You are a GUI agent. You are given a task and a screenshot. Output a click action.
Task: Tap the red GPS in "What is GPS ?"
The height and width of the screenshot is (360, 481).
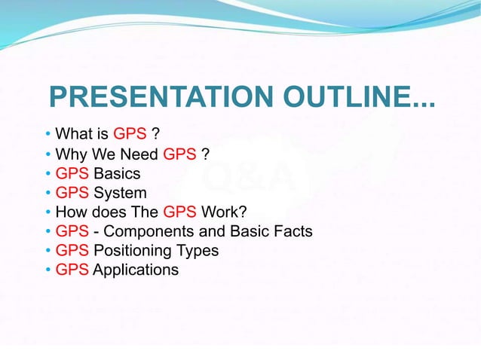tap(130, 135)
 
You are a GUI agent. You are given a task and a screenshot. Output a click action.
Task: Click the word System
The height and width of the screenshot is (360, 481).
tap(120, 193)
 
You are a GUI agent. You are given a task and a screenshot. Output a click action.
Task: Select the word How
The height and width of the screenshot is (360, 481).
tap(72, 212)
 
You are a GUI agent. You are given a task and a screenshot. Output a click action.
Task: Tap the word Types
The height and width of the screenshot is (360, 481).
tap(198, 250)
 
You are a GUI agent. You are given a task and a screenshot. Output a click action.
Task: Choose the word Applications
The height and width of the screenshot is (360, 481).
tap(136, 270)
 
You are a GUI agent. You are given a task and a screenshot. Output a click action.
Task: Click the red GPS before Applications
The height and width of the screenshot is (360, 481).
tap(72, 270)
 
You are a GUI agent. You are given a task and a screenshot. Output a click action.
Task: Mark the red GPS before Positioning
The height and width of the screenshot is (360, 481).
tap(72, 250)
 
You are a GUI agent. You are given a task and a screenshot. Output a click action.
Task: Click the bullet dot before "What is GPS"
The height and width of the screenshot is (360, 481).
tap(48, 136)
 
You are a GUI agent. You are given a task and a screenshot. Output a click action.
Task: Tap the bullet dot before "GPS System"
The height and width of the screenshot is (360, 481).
tap(48, 194)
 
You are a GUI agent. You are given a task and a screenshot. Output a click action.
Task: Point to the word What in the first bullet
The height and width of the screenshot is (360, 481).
tap(74, 135)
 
